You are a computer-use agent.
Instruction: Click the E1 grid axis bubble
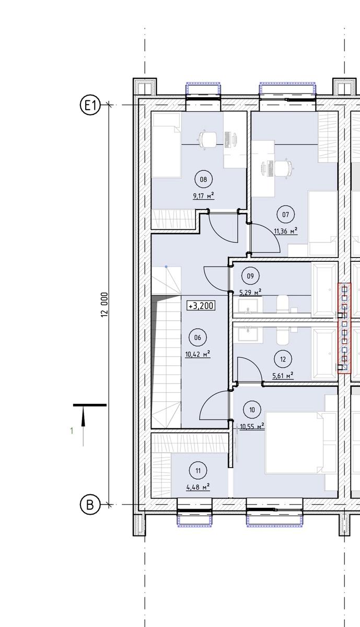(90, 105)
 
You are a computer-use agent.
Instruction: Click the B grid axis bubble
(90, 505)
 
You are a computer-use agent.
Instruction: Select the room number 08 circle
(204, 179)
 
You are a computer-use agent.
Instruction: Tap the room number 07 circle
(285, 215)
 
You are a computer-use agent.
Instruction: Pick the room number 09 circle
(250, 276)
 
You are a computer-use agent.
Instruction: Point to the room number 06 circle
(198, 338)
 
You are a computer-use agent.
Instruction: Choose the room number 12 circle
(283, 359)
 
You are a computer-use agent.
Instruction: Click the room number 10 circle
(252, 410)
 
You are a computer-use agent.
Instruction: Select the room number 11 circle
(198, 471)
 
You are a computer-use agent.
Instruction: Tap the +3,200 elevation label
(201, 306)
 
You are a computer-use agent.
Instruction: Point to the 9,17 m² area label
(204, 195)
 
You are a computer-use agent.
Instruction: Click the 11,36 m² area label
(285, 231)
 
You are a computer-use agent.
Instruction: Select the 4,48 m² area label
(198, 487)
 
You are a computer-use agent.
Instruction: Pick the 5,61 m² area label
(283, 375)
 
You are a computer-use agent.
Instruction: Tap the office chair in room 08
(208, 140)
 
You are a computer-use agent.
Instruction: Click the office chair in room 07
(284, 168)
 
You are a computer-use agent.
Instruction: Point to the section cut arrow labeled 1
(83, 425)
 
